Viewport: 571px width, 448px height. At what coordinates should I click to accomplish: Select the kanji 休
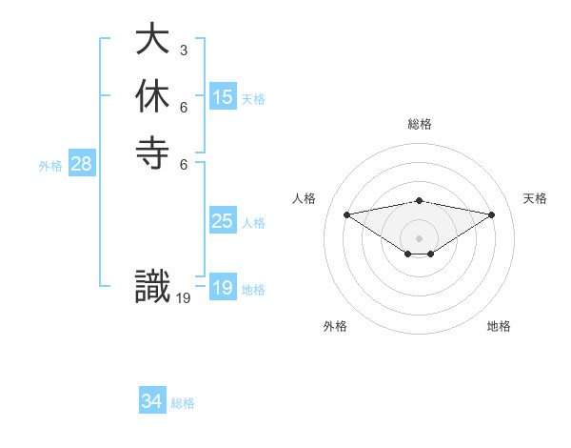pyautogui.click(x=152, y=96)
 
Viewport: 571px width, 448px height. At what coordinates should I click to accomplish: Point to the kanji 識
pyautogui.click(x=152, y=287)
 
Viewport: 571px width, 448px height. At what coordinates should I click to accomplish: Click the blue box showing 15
pyautogui.click(x=223, y=97)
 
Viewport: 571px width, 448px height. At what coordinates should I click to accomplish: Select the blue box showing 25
pyautogui.click(x=223, y=221)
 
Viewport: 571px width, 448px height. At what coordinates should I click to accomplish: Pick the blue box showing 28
pyautogui.click(x=82, y=164)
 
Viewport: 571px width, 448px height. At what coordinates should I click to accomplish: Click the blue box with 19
pyautogui.click(x=223, y=288)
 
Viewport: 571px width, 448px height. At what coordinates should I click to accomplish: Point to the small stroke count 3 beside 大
pyautogui.click(x=184, y=50)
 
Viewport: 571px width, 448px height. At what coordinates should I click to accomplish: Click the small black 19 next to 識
pyautogui.click(x=184, y=297)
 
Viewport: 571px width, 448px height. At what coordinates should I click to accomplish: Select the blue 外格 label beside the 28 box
pyautogui.click(x=50, y=166)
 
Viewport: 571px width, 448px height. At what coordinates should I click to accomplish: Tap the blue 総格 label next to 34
pyautogui.click(x=183, y=403)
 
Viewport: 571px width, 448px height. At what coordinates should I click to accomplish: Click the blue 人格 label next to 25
pyautogui.click(x=253, y=223)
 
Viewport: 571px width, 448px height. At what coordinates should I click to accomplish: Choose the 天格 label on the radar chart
pyautogui.click(x=535, y=198)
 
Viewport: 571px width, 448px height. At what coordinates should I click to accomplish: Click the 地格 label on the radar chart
pyautogui.click(x=499, y=326)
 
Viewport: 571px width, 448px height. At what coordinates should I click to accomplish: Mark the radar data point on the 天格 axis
pyautogui.click(x=492, y=214)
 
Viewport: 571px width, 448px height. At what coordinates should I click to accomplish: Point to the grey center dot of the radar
pyautogui.click(x=420, y=237)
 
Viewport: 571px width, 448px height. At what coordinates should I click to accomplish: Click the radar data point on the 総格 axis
pyautogui.click(x=420, y=200)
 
